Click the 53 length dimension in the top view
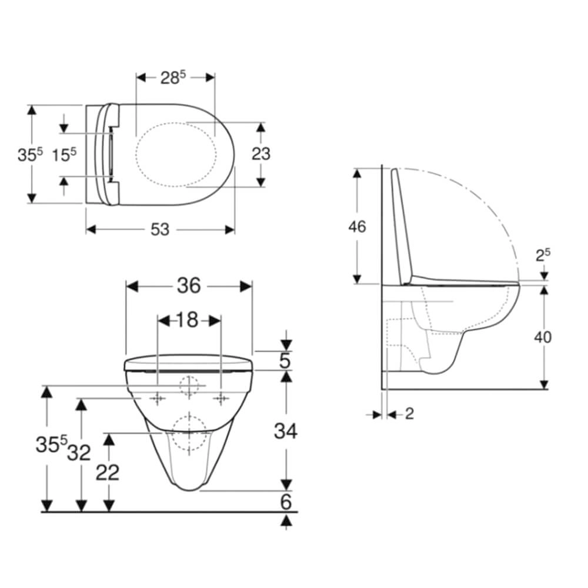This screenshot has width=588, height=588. tap(160, 229)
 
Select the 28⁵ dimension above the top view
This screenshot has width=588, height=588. tap(173, 77)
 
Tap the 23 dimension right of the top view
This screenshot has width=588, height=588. tap(261, 153)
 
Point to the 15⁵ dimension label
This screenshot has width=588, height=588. tap(64, 155)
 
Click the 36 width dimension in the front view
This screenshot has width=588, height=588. tap(189, 286)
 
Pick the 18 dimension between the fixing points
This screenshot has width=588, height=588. tap(187, 320)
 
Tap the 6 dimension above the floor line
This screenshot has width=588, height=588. tap(286, 502)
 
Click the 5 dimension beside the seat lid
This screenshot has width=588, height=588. tap(285, 360)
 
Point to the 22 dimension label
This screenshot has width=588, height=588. tap(108, 472)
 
